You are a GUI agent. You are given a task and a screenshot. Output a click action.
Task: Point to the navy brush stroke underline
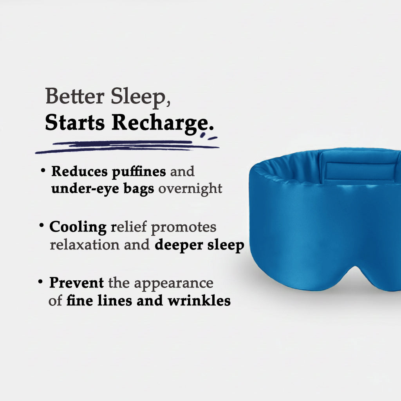tap(125, 146)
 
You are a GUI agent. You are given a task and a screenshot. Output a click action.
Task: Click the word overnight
tap(190, 188)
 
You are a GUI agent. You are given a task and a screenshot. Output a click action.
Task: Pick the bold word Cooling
tap(78, 227)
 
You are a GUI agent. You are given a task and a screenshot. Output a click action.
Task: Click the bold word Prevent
tap(76, 282)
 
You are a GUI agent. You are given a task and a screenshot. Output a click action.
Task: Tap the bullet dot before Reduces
tap(42, 171)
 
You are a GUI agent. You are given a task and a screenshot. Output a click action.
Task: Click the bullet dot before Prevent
tap(40, 282)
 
